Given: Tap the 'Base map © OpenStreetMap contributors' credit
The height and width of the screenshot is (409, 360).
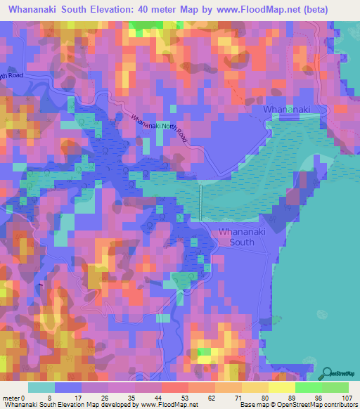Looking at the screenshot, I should pos(297,404).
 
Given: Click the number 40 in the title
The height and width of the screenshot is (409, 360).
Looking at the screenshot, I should pos(157,9).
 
